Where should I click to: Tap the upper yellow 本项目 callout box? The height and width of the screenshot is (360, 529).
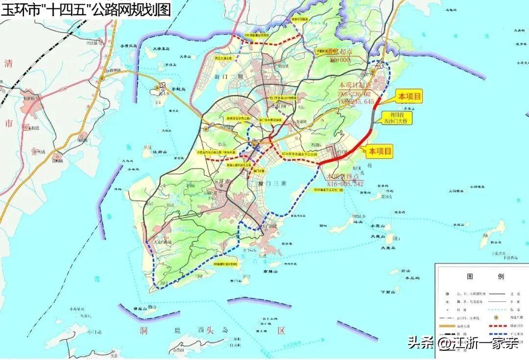(409, 96)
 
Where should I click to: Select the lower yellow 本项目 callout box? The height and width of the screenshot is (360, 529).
(381, 152)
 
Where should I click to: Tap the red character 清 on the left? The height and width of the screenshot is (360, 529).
(8, 63)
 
